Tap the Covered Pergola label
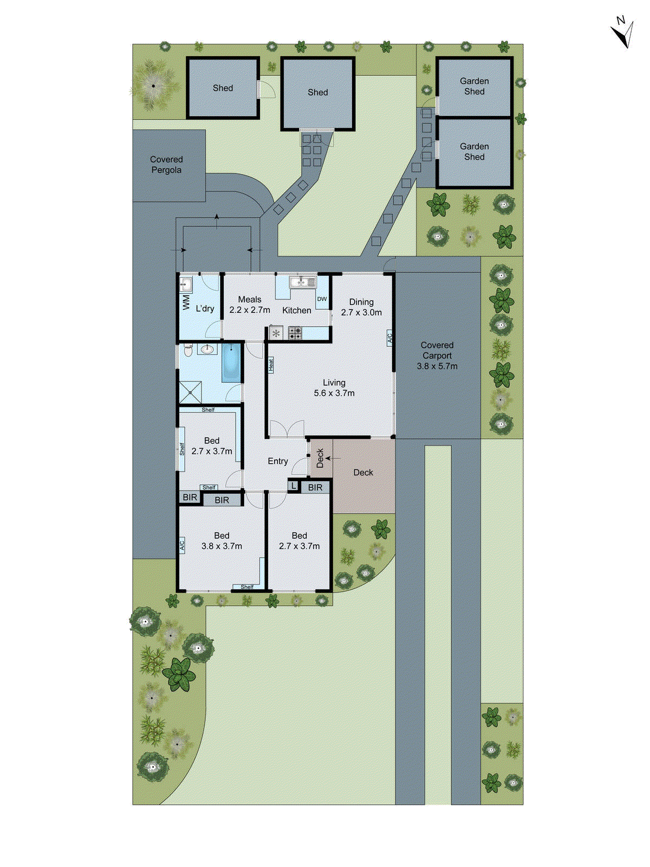click(x=166, y=165)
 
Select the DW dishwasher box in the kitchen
click(x=322, y=299)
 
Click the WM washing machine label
click(x=186, y=302)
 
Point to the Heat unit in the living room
click(x=271, y=365)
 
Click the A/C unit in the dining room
click(x=389, y=338)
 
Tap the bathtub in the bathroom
click(x=231, y=362)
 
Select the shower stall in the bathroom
click(x=190, y=392)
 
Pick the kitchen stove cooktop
click(x=295, y=333)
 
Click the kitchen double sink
click(x=303, y=282)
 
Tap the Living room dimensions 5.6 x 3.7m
click(x=334, y=393)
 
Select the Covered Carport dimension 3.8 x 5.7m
click(x=437, y=366)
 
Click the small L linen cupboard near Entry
click(x=294, y=486)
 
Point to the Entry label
click(x=278, y=461)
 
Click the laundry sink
click(x=186, y=284)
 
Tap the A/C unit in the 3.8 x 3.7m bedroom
click(x=182, y=545)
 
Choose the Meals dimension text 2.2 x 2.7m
click(x=250, y=310)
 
